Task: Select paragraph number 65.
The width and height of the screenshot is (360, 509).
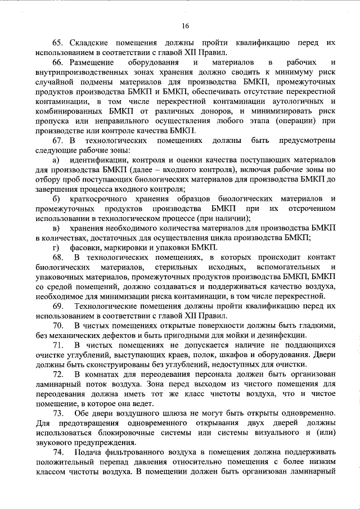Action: click(x=58, y=43)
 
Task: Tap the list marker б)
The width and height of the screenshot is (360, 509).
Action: click(x=56, y=199)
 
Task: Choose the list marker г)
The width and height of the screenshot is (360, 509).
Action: click(x=56, y=248)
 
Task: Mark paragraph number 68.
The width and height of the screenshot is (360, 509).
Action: click(x=58, y=258)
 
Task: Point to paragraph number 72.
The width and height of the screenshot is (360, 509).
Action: click(x=58, y=375)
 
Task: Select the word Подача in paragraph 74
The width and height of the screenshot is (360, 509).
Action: click(x=89, y=453)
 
